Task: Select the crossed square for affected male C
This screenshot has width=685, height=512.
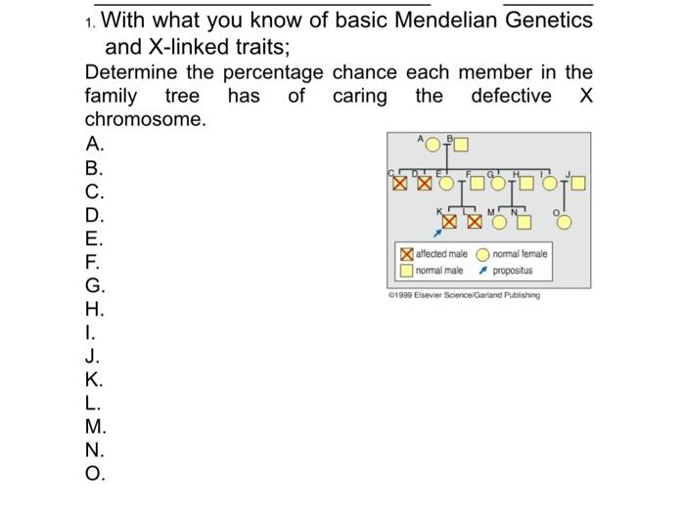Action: [399, 183]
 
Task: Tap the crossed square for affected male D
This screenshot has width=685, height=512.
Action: [424, 183]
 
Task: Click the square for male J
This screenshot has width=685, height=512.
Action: [577, 183]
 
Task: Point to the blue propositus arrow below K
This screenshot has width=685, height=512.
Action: [437, 233]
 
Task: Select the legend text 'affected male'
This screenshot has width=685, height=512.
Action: [441, 254]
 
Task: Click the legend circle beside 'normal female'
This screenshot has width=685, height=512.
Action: [482, 254]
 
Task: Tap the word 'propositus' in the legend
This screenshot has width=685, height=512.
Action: [513, 270]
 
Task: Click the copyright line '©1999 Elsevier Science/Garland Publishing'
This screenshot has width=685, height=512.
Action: [463, 295]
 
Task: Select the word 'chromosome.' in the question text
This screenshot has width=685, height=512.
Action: [146, 119]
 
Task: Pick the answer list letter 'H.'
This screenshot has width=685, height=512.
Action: [94, 310]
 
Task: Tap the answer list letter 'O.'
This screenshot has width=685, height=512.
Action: [95, 475]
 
